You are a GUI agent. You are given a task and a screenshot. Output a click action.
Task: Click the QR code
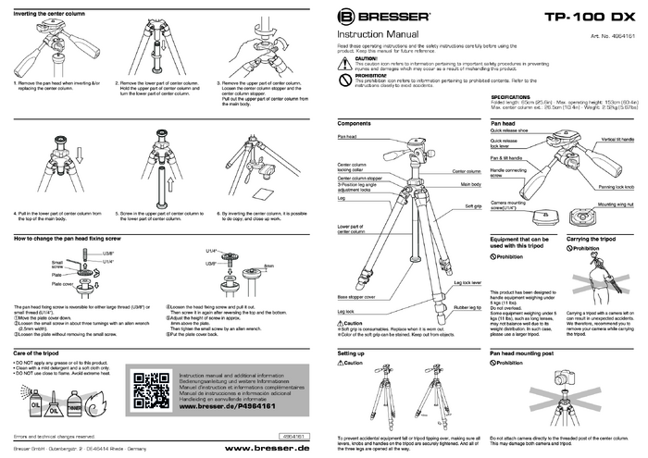click(152, 390)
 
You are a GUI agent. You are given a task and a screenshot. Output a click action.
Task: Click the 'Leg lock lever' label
click(466, 282)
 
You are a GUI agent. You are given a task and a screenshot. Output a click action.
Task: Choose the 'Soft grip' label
click(472, 205)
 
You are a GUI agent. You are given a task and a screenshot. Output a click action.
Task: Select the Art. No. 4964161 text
click(612, 34)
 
